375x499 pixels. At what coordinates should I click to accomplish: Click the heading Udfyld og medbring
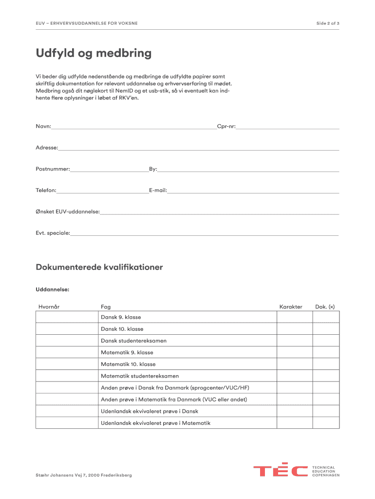(94, 53)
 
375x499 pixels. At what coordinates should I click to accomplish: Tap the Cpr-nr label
(226, 127)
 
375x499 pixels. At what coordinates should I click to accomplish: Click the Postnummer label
(53, 169)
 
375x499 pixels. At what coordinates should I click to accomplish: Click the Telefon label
(46, 191)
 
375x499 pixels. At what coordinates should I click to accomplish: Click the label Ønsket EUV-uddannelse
(68, 211)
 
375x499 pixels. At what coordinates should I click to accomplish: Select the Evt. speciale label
(53, 233)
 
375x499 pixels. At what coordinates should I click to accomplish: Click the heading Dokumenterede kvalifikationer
(99, 267)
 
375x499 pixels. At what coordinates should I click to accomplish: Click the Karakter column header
(291, 307)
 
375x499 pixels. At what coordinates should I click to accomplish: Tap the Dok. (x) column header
(325, 307)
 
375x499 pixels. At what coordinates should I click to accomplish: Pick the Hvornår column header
(49, 307)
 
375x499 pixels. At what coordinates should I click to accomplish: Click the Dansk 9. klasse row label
(121, 317)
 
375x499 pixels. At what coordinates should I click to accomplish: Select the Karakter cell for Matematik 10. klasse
(294, 364)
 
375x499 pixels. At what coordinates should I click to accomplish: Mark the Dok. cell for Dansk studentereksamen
(326, 341)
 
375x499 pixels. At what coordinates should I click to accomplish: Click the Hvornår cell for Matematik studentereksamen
(67, 376)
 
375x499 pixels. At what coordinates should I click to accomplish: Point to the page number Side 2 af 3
(328, 23)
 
